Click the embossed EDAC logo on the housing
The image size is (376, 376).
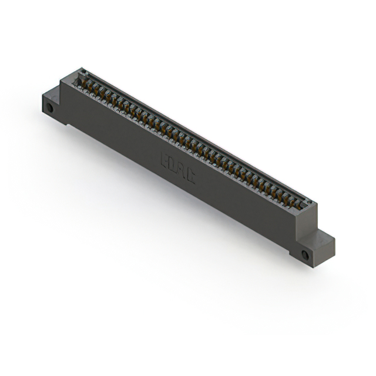(178, 168)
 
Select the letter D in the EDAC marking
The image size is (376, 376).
(173, 165)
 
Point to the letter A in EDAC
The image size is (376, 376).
(182, 171)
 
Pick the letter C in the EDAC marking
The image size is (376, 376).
(191, 177)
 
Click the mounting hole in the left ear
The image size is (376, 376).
(50, 108)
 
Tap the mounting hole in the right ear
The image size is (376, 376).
(304, 255)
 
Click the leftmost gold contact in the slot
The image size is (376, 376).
(84, 83)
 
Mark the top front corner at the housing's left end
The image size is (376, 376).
(61, 83)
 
